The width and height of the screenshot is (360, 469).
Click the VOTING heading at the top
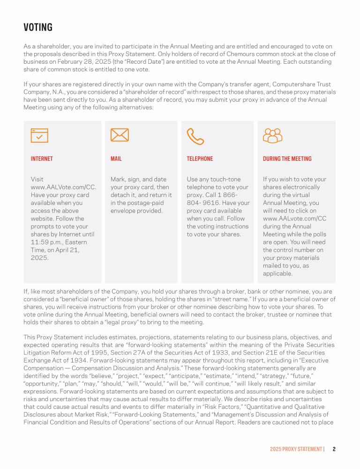coord(38,28)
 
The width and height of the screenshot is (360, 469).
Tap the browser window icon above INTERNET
coord(39,135)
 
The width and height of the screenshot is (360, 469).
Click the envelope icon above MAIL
coord(120,135)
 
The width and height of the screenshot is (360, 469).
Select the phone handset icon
coord(195,136)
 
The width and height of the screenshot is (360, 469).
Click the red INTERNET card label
coord(42,159)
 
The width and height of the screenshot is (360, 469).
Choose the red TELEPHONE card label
coord(200,159)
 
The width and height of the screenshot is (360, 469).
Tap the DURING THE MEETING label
coord(287,159)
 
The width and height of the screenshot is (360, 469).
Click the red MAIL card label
coord(116,159)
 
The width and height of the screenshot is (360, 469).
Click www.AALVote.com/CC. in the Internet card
coord(63,187)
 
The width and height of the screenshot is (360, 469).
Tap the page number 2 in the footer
coord(334,449)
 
